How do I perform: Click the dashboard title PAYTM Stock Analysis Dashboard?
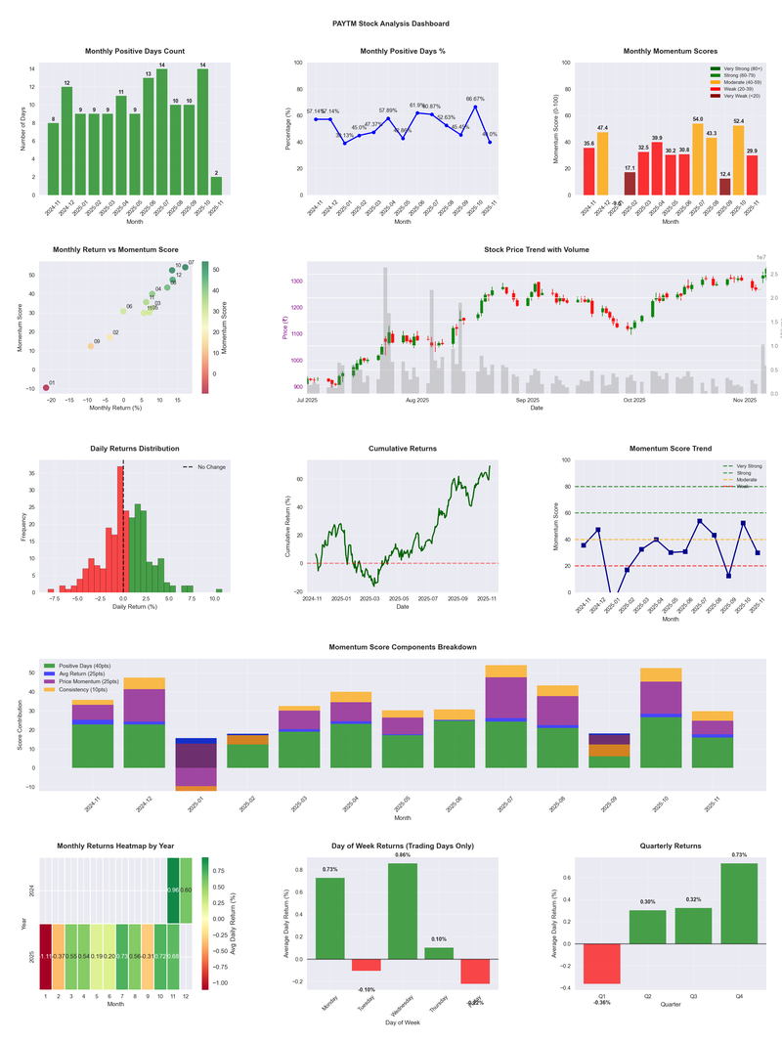(391, 23)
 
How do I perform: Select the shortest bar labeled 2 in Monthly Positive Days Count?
(216, 186)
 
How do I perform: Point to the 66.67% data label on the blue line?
(475, 99)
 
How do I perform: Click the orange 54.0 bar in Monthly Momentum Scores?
(698, 159)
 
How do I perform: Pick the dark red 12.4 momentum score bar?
(724, 187)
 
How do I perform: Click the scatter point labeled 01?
(46, 388)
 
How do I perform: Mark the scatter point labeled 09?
(91, 346)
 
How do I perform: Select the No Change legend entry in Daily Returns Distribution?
(211, 467)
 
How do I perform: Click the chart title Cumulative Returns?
(402, 449)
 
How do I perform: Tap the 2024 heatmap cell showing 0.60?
(186, 890)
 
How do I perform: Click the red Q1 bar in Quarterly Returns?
(603, 964)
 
